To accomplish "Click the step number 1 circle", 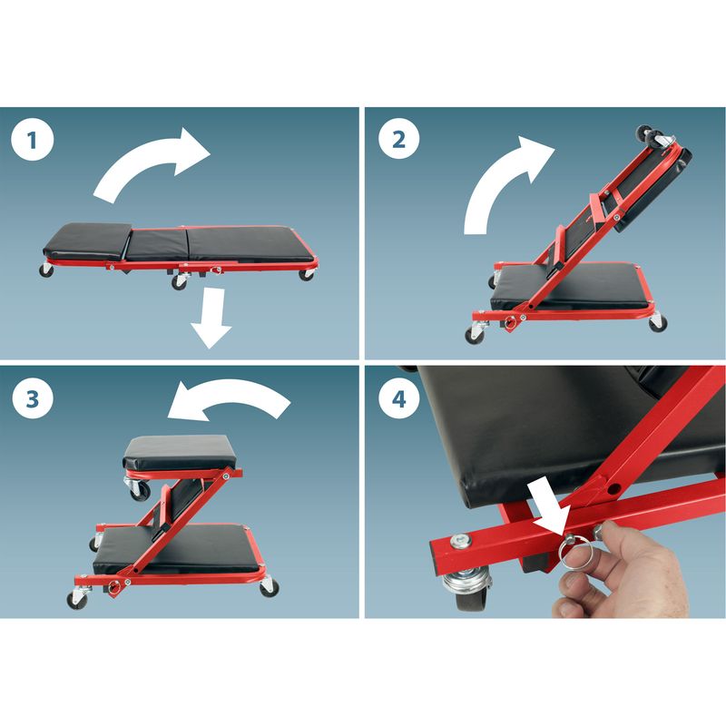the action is (x=33, y=140).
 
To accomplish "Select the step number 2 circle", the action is (x=399, y=139).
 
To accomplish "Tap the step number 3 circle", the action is (x=33, y=398).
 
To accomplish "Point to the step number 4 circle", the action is (x=399, y=398).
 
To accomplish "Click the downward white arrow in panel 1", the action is (x=212, y=319).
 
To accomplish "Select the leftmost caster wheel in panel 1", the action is (x=46, y=270).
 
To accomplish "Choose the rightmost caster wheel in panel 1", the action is (x=306, y=275).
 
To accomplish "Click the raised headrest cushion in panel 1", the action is (x=88, y=240).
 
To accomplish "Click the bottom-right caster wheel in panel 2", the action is (x=658, y=323).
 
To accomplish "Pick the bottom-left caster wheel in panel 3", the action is (x=76, y=600).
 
